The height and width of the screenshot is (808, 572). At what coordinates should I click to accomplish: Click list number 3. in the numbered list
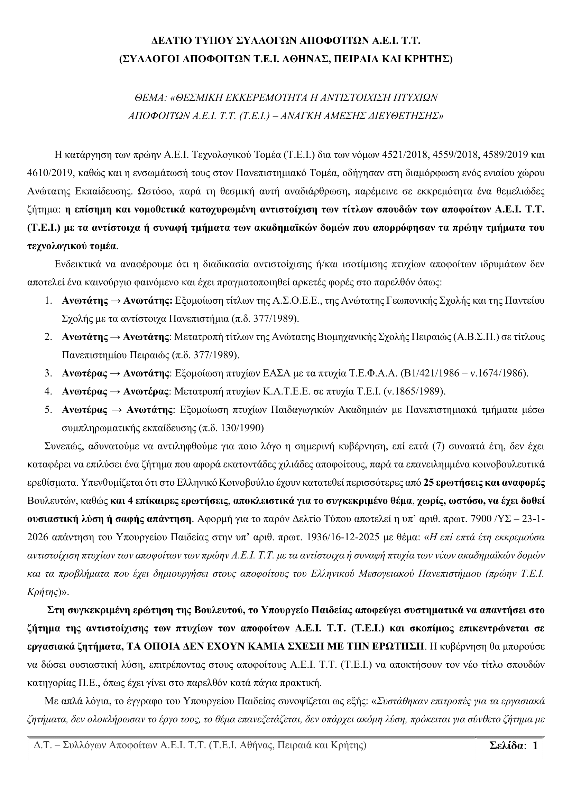[x=48, y=373]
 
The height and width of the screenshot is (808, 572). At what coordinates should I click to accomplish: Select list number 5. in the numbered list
[x=48, y=410]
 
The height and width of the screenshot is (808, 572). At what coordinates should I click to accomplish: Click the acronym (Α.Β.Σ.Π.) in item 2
[x=476, y=337]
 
